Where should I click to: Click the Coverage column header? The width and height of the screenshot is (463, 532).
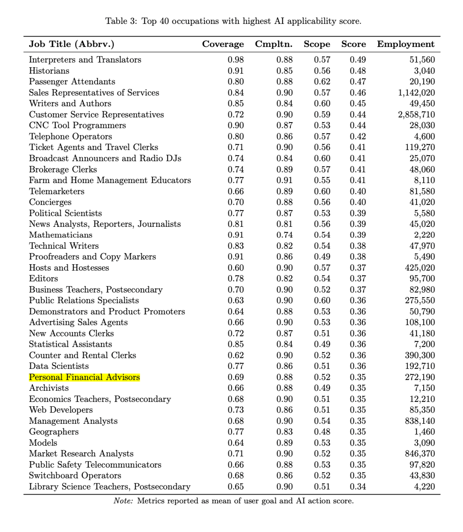point(223,44)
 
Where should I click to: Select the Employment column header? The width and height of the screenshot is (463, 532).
point(406,44)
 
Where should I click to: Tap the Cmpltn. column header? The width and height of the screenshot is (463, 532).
point(274,44)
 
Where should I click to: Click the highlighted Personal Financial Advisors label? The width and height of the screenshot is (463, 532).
point(84,377)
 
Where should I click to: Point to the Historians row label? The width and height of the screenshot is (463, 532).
point(49,71)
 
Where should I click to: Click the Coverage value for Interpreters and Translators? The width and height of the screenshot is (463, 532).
point(235,60)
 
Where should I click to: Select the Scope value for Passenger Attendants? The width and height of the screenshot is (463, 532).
point(322,82)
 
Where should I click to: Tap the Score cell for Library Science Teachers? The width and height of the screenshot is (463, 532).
point(358,487)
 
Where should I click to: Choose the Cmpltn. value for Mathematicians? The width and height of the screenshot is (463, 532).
point(284,235)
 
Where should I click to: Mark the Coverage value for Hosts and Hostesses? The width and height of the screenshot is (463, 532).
point(235,268)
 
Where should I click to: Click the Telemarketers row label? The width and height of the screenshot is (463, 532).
point(56,191)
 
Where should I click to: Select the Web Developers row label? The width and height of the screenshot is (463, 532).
point(60,410)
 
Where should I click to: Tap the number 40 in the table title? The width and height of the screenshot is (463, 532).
point(164,21)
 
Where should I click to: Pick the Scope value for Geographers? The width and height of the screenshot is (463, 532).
point(322,432)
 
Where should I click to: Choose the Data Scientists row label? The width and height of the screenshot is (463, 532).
point(58,366)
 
